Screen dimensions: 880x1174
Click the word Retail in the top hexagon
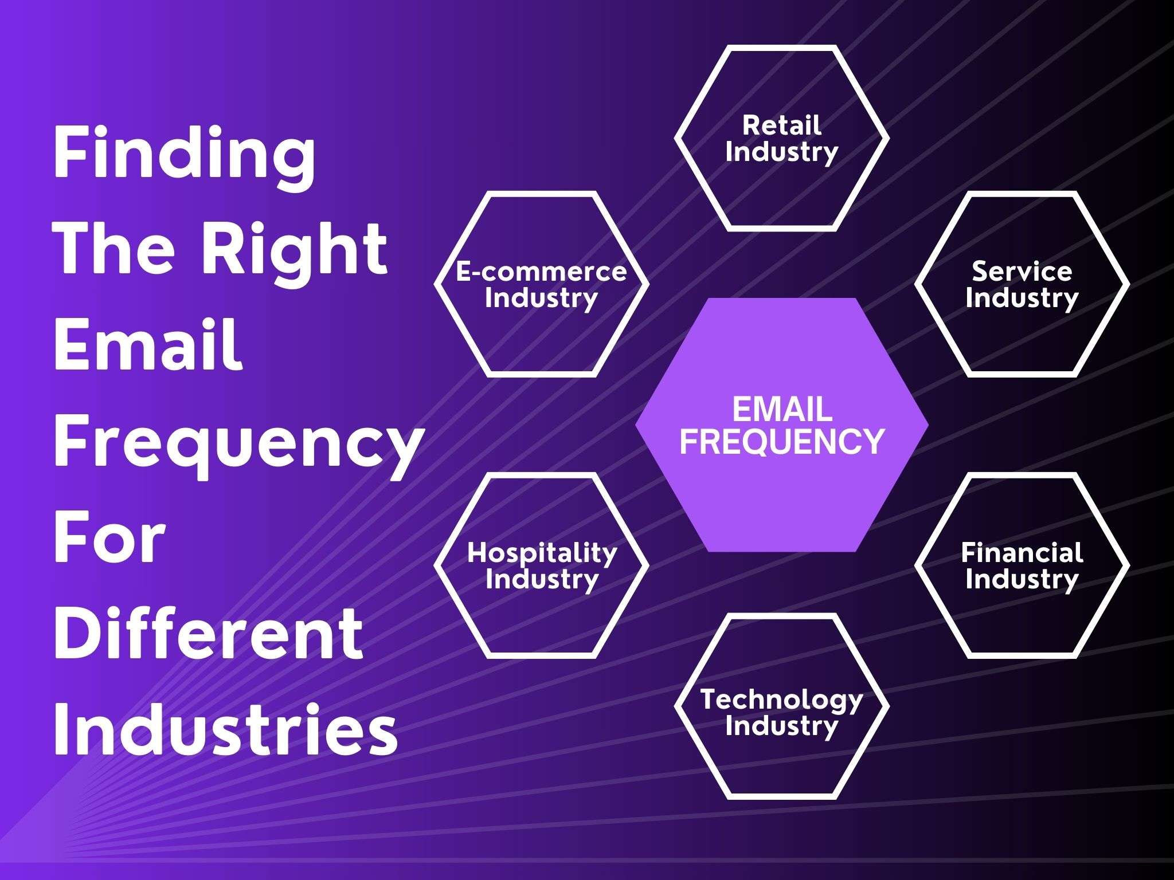click(x=781, y=125)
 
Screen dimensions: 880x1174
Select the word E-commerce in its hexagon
click(x=541, y=271)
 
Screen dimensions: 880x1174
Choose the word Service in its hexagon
click(x=1022, y=271)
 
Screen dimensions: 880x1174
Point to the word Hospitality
click(x=542, y=552)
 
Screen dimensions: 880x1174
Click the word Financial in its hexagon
click(x=1022, y=552)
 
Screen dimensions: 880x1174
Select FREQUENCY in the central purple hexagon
click(x=782, y=441)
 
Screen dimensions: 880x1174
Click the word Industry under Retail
click(x=781, y=152)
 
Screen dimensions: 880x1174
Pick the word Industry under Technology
click(x=781, y=726)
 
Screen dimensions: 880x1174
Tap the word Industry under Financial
click(x=1022, y=580)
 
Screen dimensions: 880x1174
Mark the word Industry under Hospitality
click(x=542, y=580)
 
